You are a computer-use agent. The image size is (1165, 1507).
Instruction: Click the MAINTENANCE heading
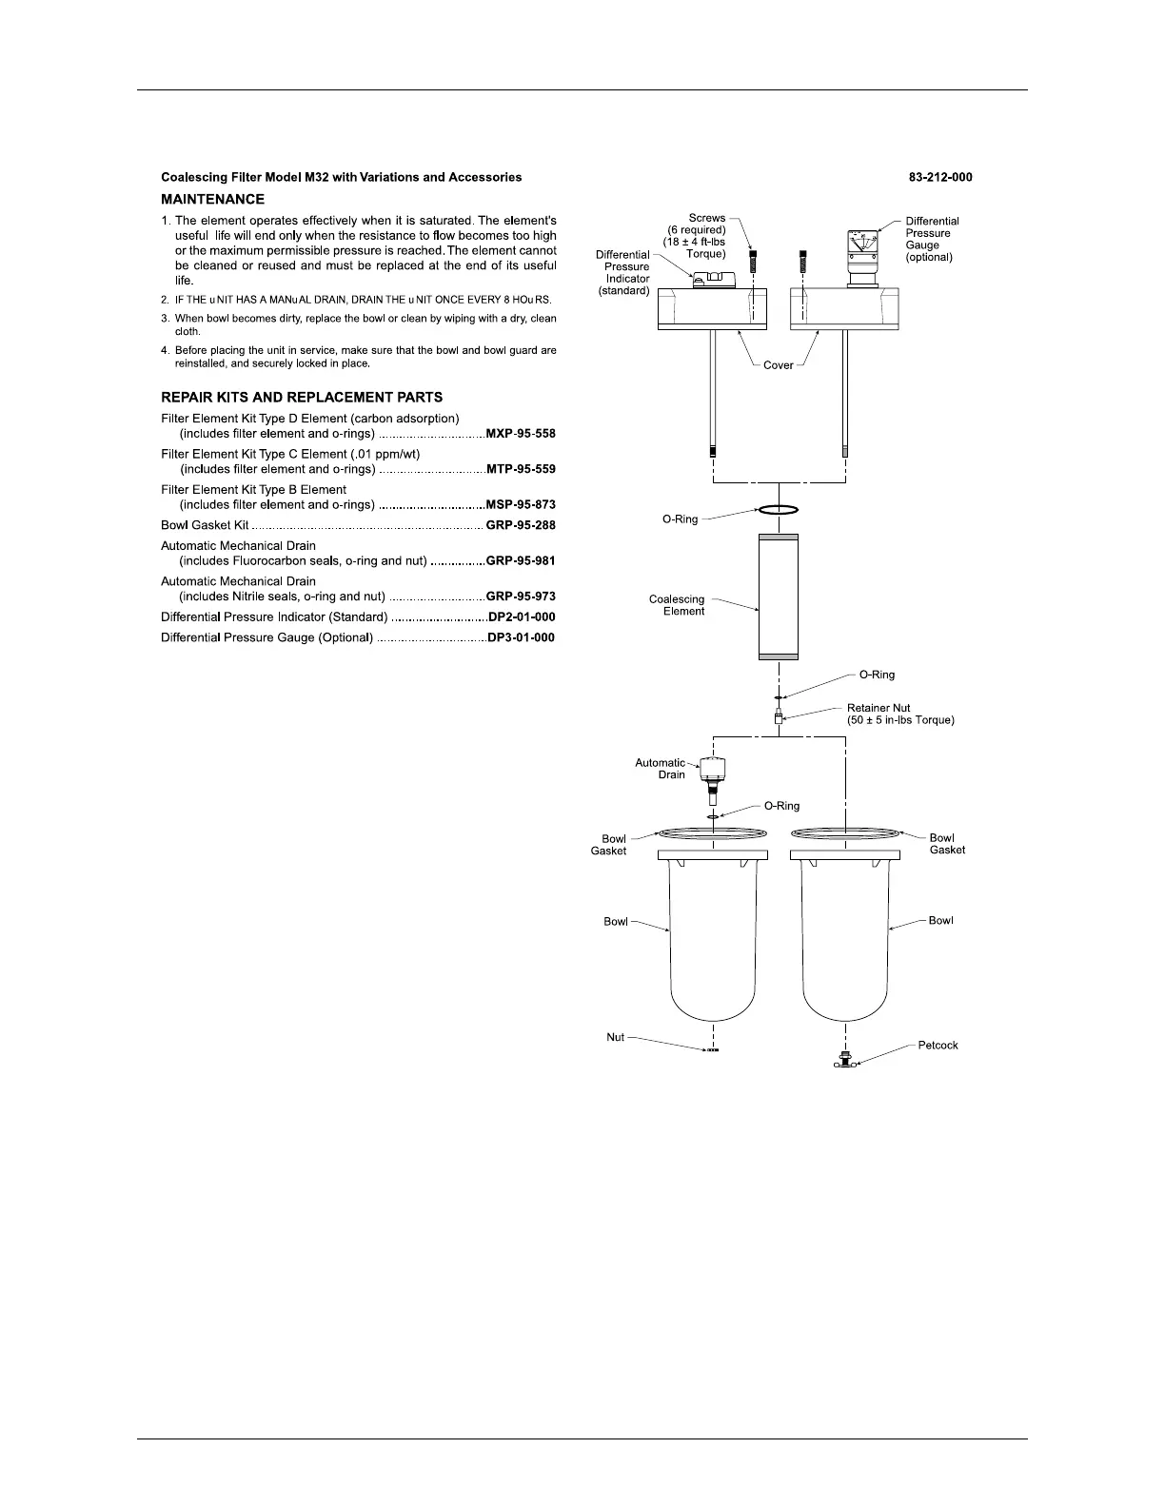click(213, 200)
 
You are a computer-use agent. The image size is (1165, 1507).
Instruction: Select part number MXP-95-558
click(521, 434)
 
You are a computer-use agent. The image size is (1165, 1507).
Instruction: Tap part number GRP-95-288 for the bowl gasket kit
click(521, 525)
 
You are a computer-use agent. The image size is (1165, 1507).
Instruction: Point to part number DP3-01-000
click(521, 637)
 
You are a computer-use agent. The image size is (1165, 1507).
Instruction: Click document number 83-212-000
click(940, 177)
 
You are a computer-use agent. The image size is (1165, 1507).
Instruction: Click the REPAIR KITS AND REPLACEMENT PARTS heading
click(302, 398)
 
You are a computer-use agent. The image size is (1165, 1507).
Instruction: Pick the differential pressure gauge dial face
click(862, 245)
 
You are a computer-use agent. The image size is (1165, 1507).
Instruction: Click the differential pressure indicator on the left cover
click(712, 279)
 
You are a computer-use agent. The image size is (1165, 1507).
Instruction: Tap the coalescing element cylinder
click(779, 597)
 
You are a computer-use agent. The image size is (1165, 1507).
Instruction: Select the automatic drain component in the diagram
click(713, 773)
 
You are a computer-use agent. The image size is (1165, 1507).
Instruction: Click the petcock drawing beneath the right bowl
click(844, 1059)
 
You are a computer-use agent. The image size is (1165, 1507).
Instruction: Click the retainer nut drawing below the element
click(779, 720)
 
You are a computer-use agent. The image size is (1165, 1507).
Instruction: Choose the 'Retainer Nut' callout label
click(879, 708)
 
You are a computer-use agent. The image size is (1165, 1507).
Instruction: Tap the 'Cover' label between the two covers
click(779, 365)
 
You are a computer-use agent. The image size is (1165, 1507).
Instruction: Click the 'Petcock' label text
click(938, 1046)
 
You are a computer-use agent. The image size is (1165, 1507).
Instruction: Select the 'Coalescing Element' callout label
click(677, 605)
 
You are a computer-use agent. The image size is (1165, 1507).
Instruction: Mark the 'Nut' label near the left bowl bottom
click(616, 1037)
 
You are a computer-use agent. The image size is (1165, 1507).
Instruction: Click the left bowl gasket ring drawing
click(713, 833)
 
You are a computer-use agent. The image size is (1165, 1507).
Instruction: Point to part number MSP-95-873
click(521, 505)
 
